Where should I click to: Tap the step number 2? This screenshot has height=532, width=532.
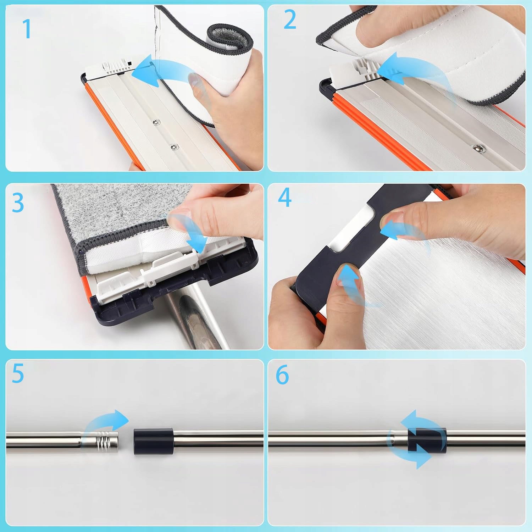(290, 20)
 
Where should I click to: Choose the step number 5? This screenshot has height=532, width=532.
(18, 373)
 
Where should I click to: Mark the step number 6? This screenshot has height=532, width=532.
(282, 375)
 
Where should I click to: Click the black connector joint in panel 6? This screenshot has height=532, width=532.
(427, 440)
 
